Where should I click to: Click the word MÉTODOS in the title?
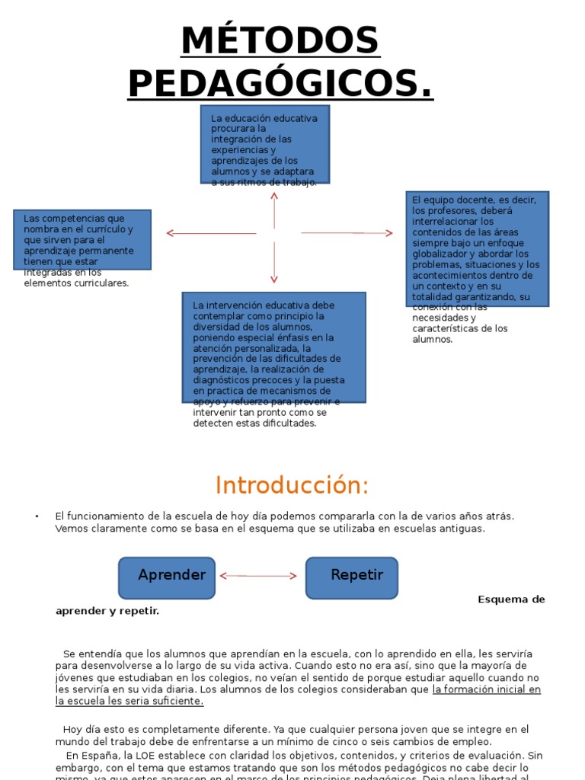(280, 41)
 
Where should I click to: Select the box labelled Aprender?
(167, 577)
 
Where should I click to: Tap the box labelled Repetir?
(352, 577)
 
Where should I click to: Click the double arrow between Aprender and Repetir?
(259, 577)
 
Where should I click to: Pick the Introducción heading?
(292, 485)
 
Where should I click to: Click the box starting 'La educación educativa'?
(265, 145)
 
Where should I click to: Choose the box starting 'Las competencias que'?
(82, 239)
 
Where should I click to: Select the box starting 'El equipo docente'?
(477, 248)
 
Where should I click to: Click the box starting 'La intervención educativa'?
(273, 347)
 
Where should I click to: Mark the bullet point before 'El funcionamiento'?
(37, 516)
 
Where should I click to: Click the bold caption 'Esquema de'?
(511, 599)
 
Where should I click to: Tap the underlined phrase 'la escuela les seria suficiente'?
(129, 701)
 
